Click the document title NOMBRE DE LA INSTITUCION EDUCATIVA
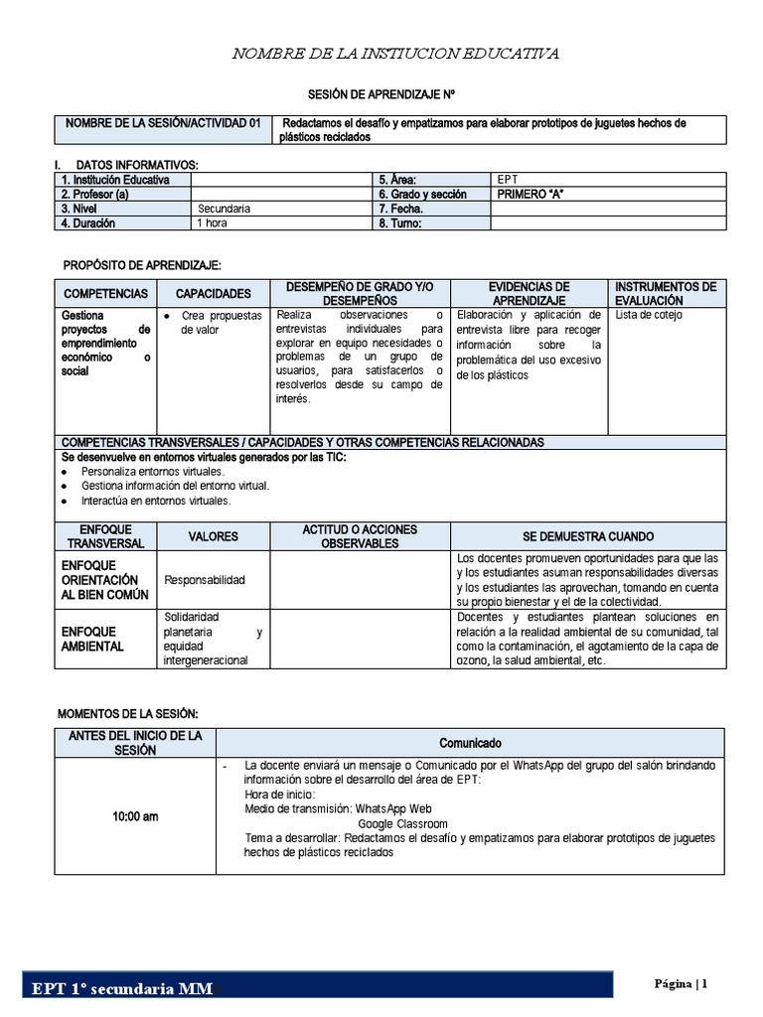click(x=394, y=53)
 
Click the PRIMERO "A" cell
click(x=530, y=195)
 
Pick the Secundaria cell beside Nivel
click(x=224, y=209)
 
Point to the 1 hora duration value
click(x=212, y=223)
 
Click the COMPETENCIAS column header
click(x=105, y=294)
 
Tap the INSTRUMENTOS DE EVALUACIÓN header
click(x=666, y=293)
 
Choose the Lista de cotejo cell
click(x=649, y=316)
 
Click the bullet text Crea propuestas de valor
click(x=220, y=323)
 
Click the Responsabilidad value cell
click(x=204, y=580)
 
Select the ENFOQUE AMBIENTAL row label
click(x=92, y=639)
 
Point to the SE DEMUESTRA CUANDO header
click(x=588, y=536)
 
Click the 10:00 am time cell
click(x=134, y=816)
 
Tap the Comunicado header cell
click(x=471, y=743)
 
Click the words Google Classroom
click(x=402, y=824)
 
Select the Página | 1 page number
click(x=682, y=983)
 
